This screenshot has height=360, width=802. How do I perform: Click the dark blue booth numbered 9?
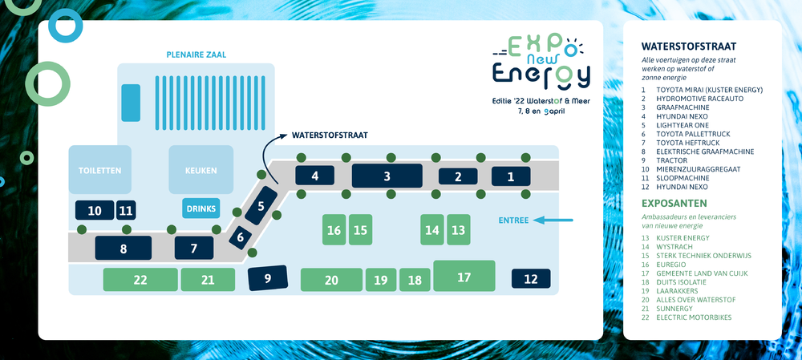pos(268,278)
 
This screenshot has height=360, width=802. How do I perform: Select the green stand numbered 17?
pos(464,276)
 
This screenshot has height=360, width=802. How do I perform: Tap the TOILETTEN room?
pos(100,170)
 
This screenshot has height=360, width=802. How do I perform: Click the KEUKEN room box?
pos(201,170)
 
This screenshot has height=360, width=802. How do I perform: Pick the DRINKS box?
pos(201,208)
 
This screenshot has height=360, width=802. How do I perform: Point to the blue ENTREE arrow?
pos(553,220)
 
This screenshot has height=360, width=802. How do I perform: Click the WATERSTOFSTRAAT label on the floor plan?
pos(330,136)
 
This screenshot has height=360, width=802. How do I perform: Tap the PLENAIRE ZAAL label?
pos(196,55)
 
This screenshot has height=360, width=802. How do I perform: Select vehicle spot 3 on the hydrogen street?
pos(387,176)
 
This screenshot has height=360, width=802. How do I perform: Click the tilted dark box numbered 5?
pos(261,205)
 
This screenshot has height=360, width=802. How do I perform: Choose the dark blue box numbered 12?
pos(531,279)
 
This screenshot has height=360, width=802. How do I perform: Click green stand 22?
pos(140,280)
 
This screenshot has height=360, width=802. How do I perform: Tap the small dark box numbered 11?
pos(126,210)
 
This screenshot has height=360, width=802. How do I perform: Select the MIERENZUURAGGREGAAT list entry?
pos(691,169)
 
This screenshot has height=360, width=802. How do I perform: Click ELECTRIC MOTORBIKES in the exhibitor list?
pos(694,318)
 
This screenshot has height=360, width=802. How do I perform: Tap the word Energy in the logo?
pos(541,75)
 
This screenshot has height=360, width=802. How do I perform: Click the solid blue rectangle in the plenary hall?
pos(131,103)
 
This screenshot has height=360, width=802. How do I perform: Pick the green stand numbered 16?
pos(334,229)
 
